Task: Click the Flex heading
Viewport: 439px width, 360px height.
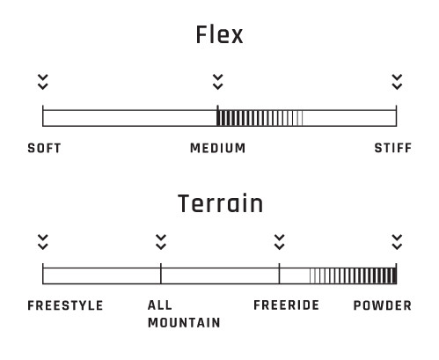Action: point(219,34)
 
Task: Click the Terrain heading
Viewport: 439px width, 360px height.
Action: point(220,203)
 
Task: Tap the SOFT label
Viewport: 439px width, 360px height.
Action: point(44,148)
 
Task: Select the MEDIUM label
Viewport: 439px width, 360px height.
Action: point(218,148)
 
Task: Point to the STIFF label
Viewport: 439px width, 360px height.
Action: point(393,148)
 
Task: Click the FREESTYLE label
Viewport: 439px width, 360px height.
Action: point(65,305)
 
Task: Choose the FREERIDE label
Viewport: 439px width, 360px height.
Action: point(286,305)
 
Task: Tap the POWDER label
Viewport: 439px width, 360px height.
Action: point(383,305)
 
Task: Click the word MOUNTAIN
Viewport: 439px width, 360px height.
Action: point(184,323)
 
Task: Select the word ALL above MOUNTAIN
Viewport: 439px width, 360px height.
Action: point(160,305)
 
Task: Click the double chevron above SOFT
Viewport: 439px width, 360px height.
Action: point(43,82)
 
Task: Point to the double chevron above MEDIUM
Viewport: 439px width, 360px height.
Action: point(218,82)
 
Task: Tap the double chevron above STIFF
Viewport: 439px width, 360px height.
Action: point(397,82)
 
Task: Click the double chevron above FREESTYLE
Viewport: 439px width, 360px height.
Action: point(43,242)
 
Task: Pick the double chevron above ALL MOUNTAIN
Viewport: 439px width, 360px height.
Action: point(161,242)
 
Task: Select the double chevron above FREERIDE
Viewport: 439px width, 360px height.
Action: point(279,242)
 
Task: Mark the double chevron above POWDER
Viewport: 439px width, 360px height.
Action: point(397,242)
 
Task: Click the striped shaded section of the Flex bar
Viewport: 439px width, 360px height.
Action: point(260,118)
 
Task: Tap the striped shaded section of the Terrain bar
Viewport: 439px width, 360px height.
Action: point(353,276)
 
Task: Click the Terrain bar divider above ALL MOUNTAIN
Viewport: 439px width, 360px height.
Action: point(161,274)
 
